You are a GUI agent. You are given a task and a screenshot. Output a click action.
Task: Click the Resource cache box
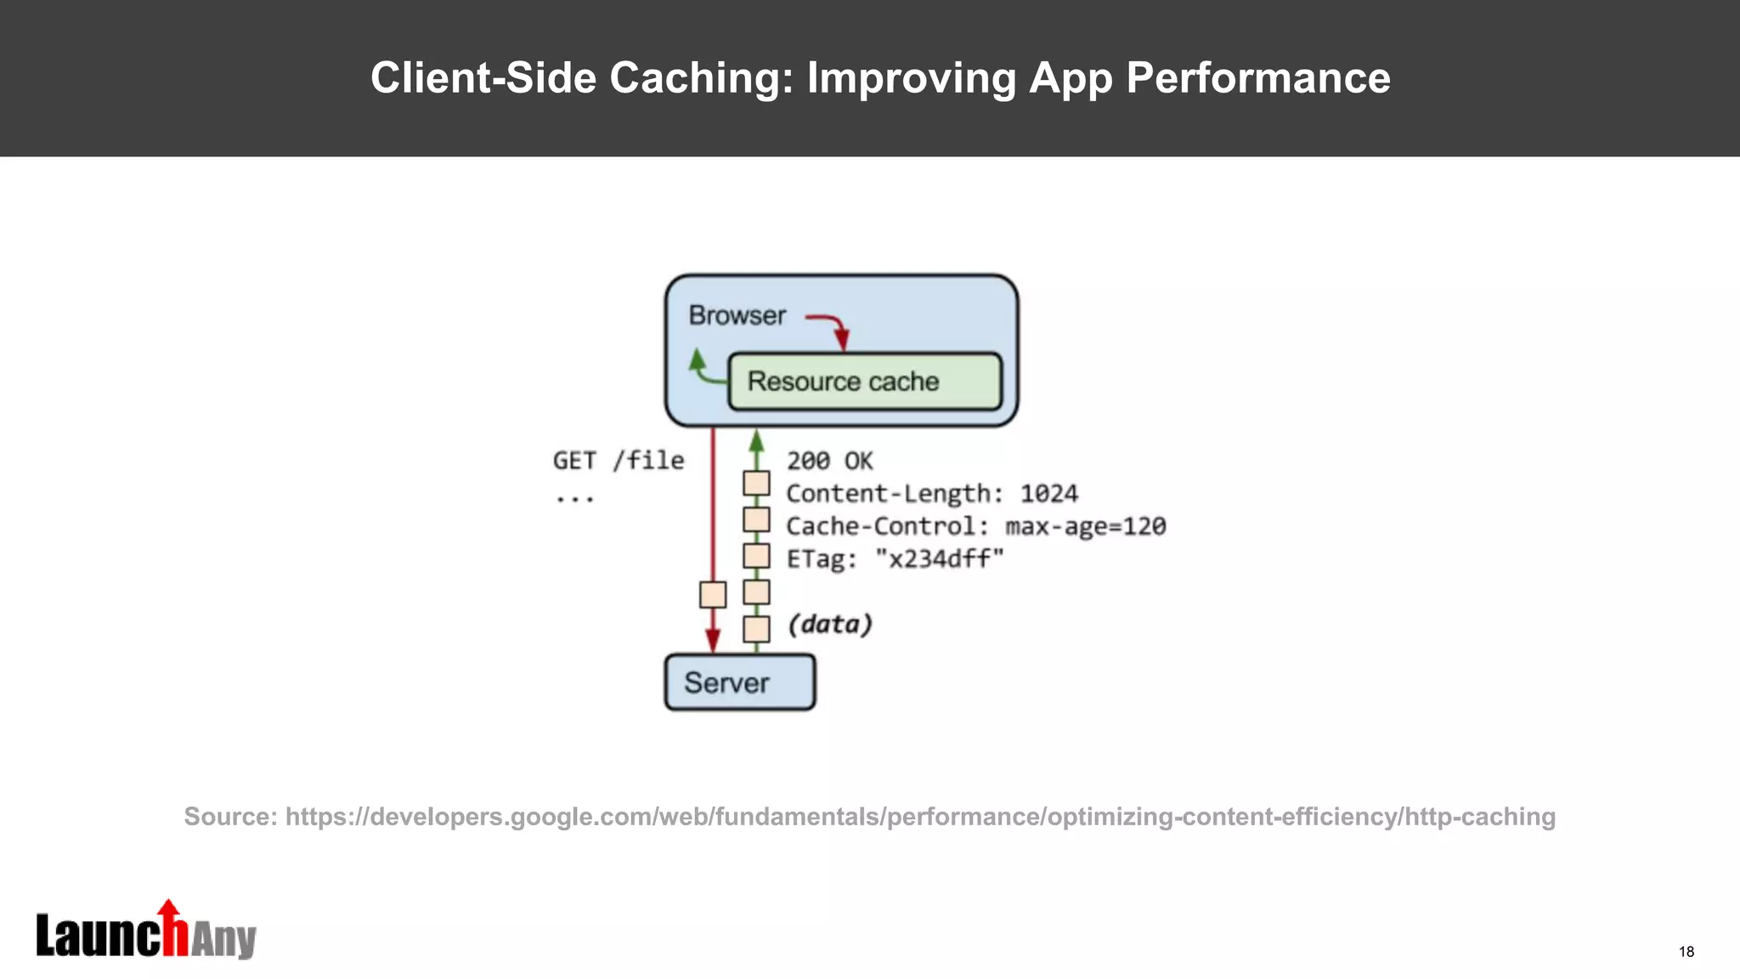click(x=865, y=382)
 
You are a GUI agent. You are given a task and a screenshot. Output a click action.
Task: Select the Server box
click(x=739, y=682)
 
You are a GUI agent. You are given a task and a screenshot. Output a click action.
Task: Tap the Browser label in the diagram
click(x=737, y=315)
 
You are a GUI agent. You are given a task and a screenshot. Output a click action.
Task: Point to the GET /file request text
click(x=618, y=461)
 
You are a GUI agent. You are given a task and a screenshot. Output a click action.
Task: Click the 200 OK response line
click(x=829, y=461)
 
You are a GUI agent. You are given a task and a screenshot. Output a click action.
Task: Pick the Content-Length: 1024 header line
click(x=931, y=494)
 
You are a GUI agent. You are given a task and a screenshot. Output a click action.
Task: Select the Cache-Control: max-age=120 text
click(x=975, y=526)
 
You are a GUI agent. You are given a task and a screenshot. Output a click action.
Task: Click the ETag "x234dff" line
click(x=895, y=559)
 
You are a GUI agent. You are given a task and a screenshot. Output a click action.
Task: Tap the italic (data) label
click(x=829, y=625)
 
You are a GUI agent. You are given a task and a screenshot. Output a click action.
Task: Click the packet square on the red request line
click(x=713, y=594)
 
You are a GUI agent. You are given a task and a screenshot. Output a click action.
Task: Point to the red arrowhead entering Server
click(x=713, y=642)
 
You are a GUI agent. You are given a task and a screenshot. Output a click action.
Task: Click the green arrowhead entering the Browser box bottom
click(x=756, y=440)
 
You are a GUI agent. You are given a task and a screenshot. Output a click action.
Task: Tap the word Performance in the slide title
click(x=1257, y=78)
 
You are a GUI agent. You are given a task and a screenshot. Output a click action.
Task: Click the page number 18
click(x=1686, y=952)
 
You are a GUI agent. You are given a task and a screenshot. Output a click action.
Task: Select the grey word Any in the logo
click(x=223, y=940)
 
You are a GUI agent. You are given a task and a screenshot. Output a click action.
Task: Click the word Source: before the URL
click(x=230, y=817)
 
